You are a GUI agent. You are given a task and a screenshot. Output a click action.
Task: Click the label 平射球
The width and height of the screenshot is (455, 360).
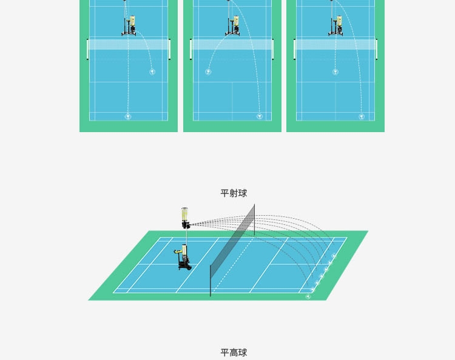[234, 193]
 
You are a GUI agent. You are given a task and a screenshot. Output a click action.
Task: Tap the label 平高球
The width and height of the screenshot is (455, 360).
[234, 353]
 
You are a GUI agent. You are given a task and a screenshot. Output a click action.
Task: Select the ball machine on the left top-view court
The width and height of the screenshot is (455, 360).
[129, 26]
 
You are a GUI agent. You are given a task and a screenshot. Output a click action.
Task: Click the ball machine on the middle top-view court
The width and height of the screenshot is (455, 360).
[232, 26]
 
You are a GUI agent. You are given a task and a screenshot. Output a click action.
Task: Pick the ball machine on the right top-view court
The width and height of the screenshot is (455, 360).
[335, 26]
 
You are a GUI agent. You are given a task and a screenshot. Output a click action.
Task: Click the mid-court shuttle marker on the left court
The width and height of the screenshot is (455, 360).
[152, 72]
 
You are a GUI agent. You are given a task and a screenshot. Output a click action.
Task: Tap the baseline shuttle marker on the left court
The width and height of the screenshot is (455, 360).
[128, 116]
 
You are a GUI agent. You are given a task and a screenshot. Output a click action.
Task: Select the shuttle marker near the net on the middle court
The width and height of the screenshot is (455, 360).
[208, 72]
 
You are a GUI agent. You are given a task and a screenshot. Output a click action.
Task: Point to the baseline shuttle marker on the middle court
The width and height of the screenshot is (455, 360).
[260, 116]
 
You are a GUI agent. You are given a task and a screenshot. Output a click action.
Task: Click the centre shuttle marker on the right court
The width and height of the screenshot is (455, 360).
[335, 72]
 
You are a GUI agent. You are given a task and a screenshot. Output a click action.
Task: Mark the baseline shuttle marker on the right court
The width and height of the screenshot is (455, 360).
[362, 116]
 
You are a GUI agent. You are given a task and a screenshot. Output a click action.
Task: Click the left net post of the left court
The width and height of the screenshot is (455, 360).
[87, 50]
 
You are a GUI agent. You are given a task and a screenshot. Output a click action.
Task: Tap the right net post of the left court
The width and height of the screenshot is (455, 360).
[170, 50]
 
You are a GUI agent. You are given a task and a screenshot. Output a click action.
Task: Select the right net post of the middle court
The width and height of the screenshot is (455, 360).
[273, 50]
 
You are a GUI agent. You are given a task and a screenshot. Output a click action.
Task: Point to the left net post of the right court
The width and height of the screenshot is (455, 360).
[294, 50]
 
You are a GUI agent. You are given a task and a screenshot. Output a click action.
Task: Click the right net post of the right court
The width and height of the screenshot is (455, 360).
[377, 50]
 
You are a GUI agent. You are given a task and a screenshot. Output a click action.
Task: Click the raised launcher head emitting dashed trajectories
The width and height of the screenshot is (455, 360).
[185, 218]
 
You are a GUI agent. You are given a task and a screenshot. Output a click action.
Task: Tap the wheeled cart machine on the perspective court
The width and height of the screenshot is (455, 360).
[183, 258]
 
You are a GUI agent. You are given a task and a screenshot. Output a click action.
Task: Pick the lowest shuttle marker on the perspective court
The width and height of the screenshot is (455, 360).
[308, 296]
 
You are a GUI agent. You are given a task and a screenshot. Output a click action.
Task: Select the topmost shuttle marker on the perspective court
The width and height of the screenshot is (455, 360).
[334, 256]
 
